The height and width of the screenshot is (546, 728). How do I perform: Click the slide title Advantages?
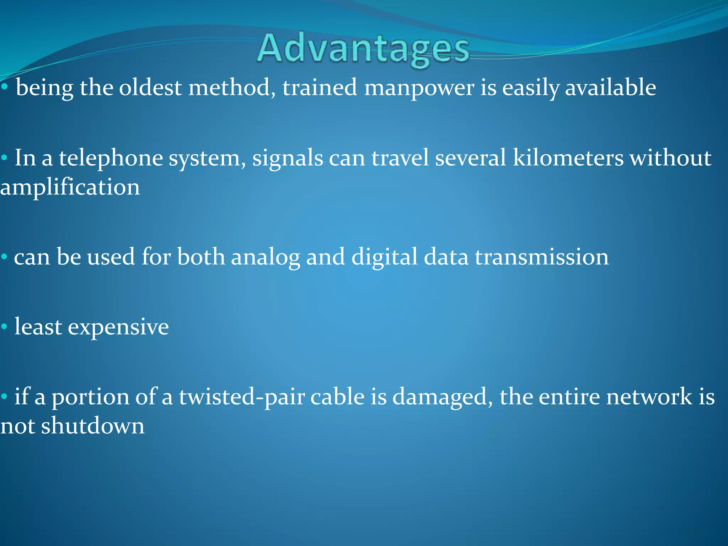click(363, 49)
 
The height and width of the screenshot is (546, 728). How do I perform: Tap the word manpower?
click(419, 88)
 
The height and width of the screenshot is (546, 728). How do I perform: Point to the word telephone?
click(111, 159)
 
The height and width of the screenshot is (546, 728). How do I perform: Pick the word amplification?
click(70, 188)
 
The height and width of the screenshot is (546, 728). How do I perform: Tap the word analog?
click(266, 257)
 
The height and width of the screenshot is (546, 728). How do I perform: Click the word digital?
click(384, 257)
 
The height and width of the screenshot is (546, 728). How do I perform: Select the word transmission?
click(542, 257)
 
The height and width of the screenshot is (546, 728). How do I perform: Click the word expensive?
click(118, 327)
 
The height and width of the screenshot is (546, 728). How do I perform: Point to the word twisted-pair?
click(242, 397)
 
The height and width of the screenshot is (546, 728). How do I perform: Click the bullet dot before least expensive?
click(4, 327)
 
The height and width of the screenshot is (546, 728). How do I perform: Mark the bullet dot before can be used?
click(4, 257)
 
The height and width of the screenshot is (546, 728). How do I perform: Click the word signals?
click(288, 159)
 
